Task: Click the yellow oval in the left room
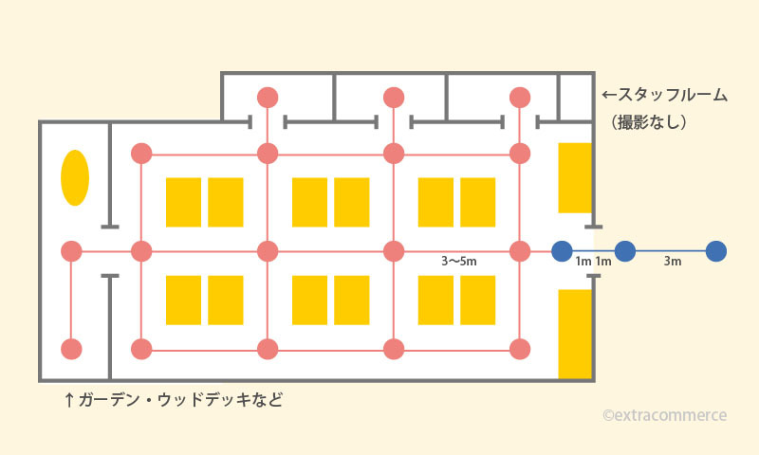click(75, 177)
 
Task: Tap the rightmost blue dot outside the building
click(716, 251)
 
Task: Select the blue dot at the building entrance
click(563, 251)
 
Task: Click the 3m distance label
click(672, 262)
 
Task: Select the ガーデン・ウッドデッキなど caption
click(180, 400)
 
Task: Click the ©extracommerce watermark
click(664, 415)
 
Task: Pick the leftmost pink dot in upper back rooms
click(268, 98)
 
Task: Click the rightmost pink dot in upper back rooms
click(519, 98)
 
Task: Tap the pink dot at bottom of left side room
click(71, 349)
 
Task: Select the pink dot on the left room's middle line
click(71, 251)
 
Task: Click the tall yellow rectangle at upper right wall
click(575, 177)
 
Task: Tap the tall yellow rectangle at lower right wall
click(575, 334)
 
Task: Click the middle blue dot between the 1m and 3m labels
click(624, 251)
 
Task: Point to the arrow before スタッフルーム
click(610, 96)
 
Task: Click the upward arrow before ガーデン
click(69, 400)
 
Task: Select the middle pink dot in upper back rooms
click(394, 98)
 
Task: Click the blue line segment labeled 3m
click(670, 251)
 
